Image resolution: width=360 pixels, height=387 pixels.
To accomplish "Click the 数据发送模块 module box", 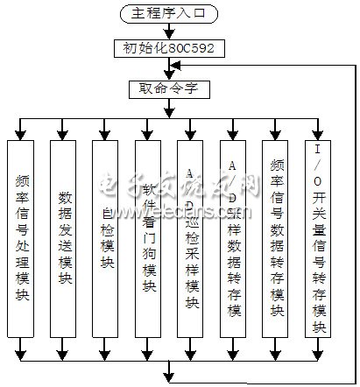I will click(x=65, y=236).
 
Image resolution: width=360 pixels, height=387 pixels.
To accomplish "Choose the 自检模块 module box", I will click(x=109, y=236).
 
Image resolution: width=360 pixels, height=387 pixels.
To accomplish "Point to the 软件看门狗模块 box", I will click(x=150, y=236).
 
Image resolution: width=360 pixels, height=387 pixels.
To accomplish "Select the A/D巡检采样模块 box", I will click(x=194, y=236).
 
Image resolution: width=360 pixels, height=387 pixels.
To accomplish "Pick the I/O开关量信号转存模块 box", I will click(x=321, y=236).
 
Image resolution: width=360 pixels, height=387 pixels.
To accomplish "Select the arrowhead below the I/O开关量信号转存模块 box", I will click(x=321, y=354).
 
